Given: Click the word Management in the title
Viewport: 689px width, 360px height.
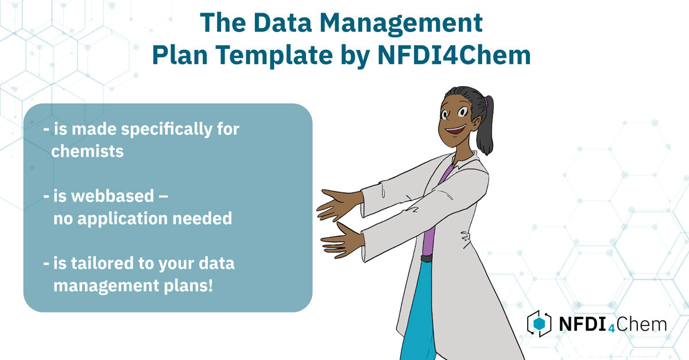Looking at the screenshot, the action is pos(401,24).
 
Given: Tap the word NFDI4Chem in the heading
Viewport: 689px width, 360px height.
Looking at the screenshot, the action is pos(454,55).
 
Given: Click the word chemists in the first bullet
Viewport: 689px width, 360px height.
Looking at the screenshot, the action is pos(87,152).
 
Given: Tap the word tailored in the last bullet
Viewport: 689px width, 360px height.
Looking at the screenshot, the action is pos(102,263).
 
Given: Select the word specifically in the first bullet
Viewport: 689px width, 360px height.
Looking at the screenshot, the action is pos(167,130).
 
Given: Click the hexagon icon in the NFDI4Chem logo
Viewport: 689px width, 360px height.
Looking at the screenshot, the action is pos(539,323).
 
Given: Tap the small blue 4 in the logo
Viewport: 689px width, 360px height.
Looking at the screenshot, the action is pos(612,328).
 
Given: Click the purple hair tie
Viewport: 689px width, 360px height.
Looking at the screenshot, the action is pos(485,101).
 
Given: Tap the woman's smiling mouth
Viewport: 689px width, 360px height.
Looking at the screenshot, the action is pos(455,130).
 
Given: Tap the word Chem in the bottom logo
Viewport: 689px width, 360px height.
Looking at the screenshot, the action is pos(641,324).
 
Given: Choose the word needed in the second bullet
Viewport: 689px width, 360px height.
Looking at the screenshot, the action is pos(202,218).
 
